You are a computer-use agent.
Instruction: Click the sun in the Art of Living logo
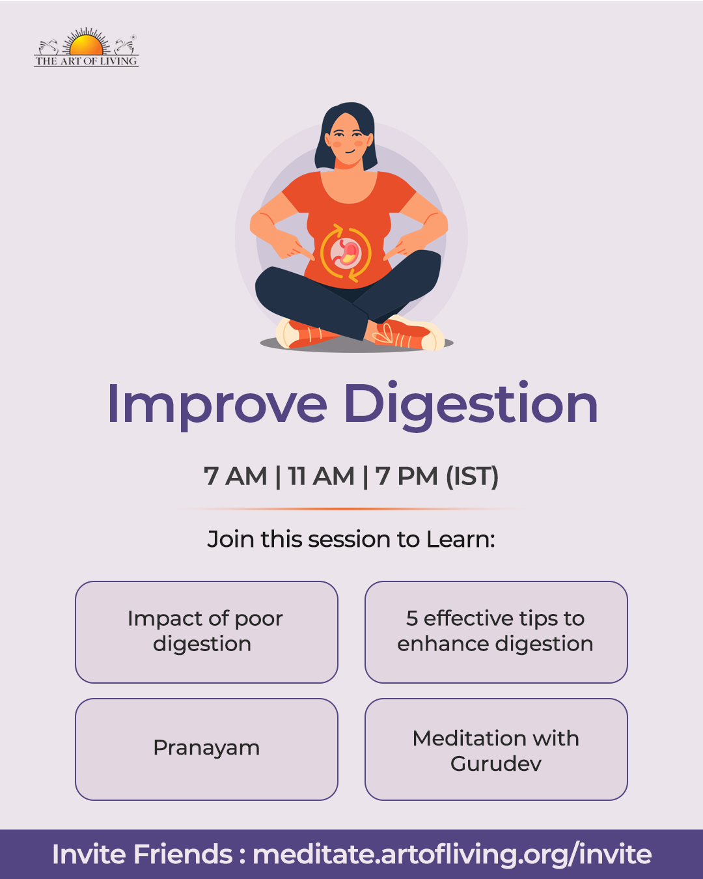click(86, 44)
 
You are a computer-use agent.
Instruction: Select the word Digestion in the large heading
click(471, 405)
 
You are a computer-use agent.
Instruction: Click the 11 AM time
click(321, 476)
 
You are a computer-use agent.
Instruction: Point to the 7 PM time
click(406, 476)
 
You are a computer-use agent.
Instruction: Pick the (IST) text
click(472, 476)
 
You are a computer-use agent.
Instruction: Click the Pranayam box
click(206, 749)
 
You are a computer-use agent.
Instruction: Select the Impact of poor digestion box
click(206, 632)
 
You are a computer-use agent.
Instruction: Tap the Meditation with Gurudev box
click(496, 749)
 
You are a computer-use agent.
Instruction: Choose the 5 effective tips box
click(496, 632)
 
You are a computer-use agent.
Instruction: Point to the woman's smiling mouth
click(350, 152)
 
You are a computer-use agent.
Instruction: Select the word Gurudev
click(496, 763)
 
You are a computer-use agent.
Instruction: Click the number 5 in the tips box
click(412, 619)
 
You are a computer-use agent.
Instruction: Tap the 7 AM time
click(236, 476)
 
